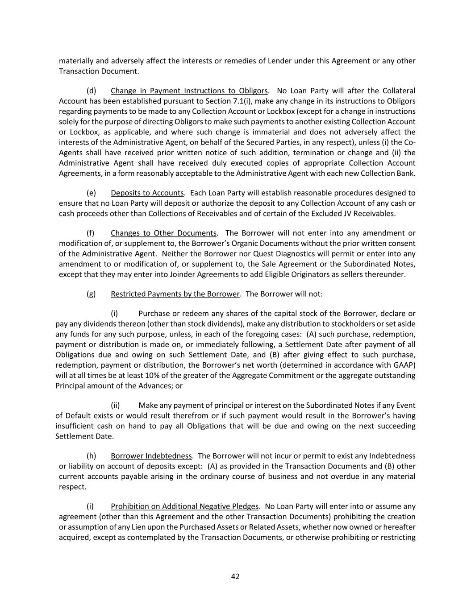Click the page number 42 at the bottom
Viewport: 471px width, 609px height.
tap(235, 576)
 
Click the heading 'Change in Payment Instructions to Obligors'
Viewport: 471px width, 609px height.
tap(189, 91)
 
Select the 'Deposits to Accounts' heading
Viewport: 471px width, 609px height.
tap(147, 193)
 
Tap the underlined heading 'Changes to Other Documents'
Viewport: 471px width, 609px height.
tap(163, 233)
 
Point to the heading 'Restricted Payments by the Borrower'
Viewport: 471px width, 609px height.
tap(175, 294)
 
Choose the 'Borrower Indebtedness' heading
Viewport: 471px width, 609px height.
tap(151, 456)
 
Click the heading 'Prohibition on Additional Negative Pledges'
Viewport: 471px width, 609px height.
tap(184, 506)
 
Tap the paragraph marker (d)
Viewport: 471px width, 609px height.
tap(91, 91)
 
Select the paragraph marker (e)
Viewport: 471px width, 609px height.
tap(91, 193)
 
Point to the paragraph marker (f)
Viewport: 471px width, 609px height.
tap(91, 233)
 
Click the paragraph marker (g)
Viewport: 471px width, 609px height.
tap(91, 294)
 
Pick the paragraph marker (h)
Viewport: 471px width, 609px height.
tap(91, 456)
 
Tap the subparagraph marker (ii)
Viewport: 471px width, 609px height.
tap(115, 406)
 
